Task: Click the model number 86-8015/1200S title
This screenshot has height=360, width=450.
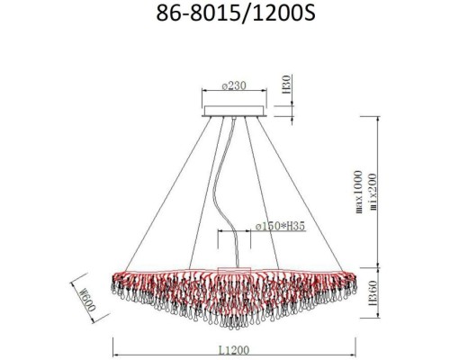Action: (236, 13)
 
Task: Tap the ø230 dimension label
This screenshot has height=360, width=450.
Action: (234, 85)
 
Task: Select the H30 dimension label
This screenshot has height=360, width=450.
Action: (287, 85)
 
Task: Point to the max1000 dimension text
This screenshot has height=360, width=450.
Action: (359, 192)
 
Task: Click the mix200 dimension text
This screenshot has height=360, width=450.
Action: (373, 192)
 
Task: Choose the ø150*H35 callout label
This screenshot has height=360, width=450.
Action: (280, 226)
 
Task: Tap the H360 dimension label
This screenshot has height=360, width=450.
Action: (373, 293)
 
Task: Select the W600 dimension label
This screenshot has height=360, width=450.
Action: (88, 299)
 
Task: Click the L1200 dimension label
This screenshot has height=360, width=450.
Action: (234, 350)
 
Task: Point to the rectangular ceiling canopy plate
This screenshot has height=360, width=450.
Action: (234, 111)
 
